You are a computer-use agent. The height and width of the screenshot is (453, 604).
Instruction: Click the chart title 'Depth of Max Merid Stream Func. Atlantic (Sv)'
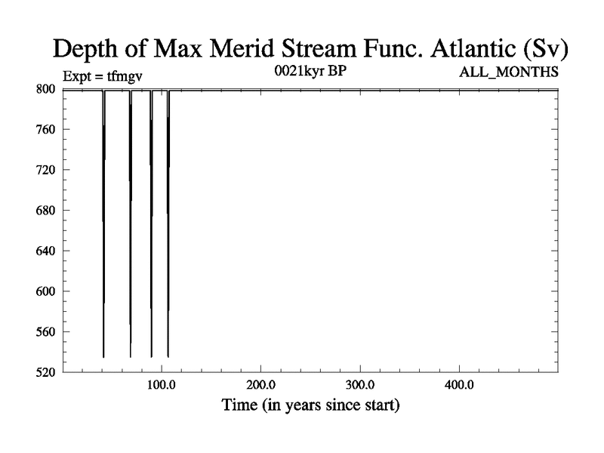tap(310, 49)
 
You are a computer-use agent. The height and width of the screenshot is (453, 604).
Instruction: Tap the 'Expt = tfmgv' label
tap(103, 76)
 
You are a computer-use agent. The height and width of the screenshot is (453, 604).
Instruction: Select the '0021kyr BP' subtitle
tap(310, 71)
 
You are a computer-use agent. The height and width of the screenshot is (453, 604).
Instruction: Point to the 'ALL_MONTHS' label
tap(508, 72)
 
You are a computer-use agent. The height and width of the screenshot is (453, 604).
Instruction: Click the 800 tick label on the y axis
tap(45, 89)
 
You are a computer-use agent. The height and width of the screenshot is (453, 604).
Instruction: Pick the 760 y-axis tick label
tap(45, 129)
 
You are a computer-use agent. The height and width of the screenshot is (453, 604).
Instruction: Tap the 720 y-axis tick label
tap(45, 170)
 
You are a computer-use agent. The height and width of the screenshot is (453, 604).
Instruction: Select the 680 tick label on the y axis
tap(45, 211)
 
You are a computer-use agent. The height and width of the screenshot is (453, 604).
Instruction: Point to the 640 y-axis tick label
tap(45, 251)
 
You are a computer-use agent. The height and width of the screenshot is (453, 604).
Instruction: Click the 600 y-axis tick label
tap(45, 291)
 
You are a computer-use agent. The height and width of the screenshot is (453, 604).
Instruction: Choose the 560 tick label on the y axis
tap(45, 331)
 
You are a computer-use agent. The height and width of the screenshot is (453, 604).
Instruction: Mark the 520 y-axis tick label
tap(45, 372)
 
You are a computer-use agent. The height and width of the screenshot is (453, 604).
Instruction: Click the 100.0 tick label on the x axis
tap(162, 385)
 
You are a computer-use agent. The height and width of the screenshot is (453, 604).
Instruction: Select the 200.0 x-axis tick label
tap(260, 385)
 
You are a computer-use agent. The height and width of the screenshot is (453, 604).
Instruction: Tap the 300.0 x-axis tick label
tap(360, 385)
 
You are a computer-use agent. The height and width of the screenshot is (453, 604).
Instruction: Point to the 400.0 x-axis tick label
tap(459, 385)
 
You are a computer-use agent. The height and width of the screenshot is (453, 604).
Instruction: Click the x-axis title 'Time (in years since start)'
tap(310, 405)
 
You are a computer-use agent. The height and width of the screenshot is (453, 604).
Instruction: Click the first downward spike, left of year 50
tap(103, 223)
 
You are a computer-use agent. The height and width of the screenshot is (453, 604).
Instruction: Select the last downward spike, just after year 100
tap(168, 223)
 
